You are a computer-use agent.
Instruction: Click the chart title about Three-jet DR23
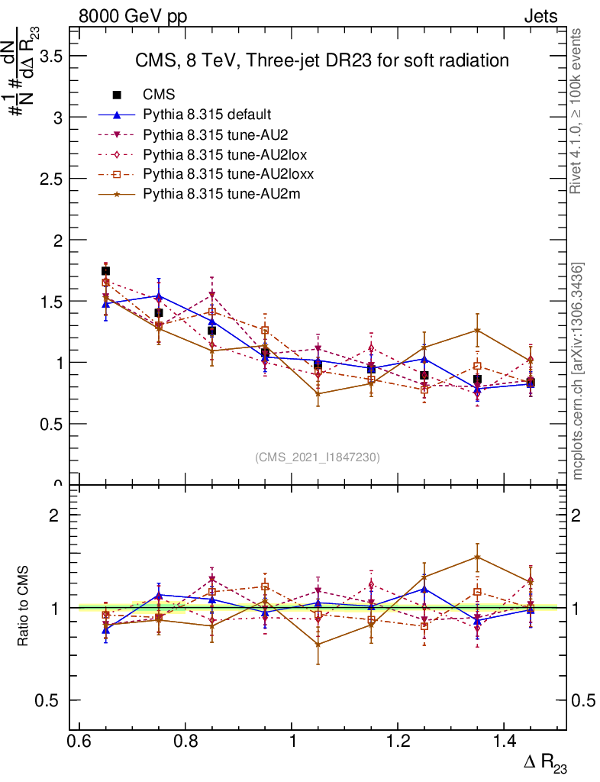pos(321,60)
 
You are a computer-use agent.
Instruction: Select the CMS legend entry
pos(159,95)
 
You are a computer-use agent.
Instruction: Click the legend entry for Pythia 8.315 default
pos(207,115)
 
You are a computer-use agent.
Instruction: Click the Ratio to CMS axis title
pos(23,606)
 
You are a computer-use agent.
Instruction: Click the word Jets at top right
pos(540,16)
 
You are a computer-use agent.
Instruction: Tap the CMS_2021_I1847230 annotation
pos(318,457)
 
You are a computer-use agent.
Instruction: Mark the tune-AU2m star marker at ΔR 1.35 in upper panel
pos(477,330)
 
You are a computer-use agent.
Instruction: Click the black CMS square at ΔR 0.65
pos(105,271)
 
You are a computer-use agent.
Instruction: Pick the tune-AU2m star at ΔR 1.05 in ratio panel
pos(318,645)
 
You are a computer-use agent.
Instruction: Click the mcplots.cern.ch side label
pos(578,371)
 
